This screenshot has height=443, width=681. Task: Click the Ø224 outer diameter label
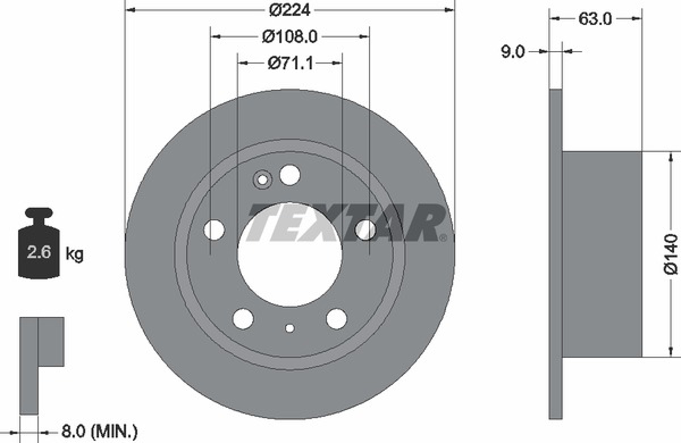(290, 10)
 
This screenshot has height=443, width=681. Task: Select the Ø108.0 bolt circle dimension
(290, 37)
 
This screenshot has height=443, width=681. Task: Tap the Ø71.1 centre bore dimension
(291, 63)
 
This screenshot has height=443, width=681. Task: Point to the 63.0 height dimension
(595, 19)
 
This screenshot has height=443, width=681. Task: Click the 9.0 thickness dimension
(513, 52)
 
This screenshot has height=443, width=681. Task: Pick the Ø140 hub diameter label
(671, 254)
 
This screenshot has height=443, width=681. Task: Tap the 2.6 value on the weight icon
(39, 252)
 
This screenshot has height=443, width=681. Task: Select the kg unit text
(74, 254)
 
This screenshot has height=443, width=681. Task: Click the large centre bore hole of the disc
(290, 254)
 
